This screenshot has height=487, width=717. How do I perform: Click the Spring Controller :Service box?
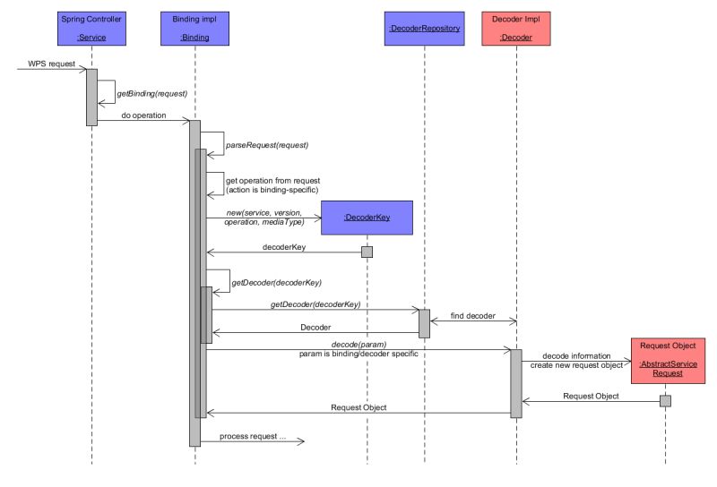click(x=92, y=28)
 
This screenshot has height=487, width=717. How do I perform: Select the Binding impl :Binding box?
click(x=195, y=28)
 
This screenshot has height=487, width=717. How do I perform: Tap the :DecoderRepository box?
click(x=424, y=28)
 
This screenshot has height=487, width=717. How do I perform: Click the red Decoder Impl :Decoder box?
click(x=516, y=28)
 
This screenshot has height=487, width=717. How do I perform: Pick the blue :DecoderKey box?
click(x=367, y=217)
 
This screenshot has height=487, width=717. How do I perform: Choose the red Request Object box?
click(x=665, y=358)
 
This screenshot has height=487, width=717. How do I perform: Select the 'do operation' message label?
click(x=143, y=115)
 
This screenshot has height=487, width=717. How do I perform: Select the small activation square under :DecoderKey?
click(x=366, y=252)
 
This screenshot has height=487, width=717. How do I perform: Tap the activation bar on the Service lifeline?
click(x=91, y=97)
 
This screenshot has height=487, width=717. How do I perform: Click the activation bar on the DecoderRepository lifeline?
click(x=424, y=323)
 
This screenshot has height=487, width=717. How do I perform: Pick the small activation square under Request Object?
click(x=665, y=400)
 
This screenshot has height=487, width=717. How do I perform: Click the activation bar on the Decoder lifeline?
click(x=516, y=383)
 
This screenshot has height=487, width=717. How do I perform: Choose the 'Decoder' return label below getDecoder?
click(x=315, y=328)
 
